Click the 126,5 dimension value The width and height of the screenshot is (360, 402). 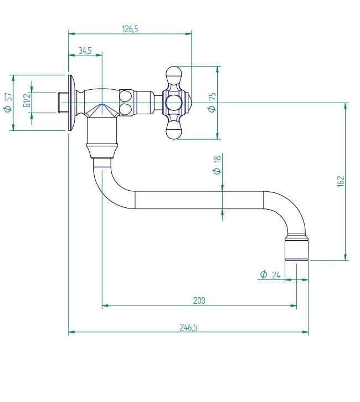tap(130, 29)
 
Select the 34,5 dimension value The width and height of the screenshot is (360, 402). tap(85, 50)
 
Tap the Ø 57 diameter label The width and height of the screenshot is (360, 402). tap(7, 103)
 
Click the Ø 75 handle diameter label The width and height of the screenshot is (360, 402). tap(211, 103)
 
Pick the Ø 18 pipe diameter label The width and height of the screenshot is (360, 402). tap(217, 165)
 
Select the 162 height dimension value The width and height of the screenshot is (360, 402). tap(340, 181)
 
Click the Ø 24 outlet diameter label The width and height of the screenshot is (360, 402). tap(270, 274)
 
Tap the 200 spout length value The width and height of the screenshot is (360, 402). tap(199, 301)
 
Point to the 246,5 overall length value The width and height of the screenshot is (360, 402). tap(188, 328)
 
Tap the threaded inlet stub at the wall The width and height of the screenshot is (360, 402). tap(62, 103)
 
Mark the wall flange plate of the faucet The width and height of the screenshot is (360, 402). tap(71, 103)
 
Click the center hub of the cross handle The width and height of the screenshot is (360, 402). tap(174, 103)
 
